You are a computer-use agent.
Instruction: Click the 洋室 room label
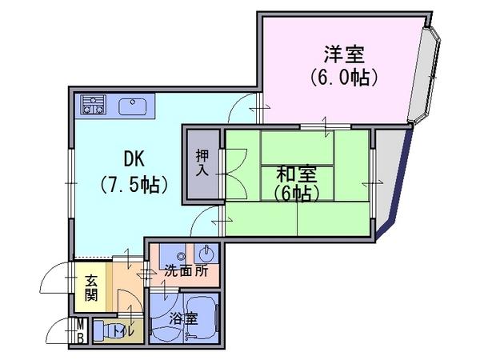click(x=344, y=54)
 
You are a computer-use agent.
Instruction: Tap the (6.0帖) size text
click(x=343, y=78)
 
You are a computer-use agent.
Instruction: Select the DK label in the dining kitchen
click(x=134, y=158)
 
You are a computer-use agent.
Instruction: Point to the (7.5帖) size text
click(x=134, y=184)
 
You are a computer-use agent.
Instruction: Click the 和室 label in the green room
click(x=296, y=174)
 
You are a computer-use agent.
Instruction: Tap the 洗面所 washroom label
click(x=186, y=270)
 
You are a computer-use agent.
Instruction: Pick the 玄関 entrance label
click(x=91, y=288)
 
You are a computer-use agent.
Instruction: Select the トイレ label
click(x=123, y=331)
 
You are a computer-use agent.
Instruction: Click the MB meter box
click(x=80, y=331)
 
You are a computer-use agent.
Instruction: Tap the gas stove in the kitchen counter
click(x=94, y=104)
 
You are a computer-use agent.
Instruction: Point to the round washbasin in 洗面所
click(x=206, y=253)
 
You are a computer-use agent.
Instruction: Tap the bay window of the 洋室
click(x=424, y=74)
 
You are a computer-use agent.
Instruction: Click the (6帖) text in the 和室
click(x=296, y=194)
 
